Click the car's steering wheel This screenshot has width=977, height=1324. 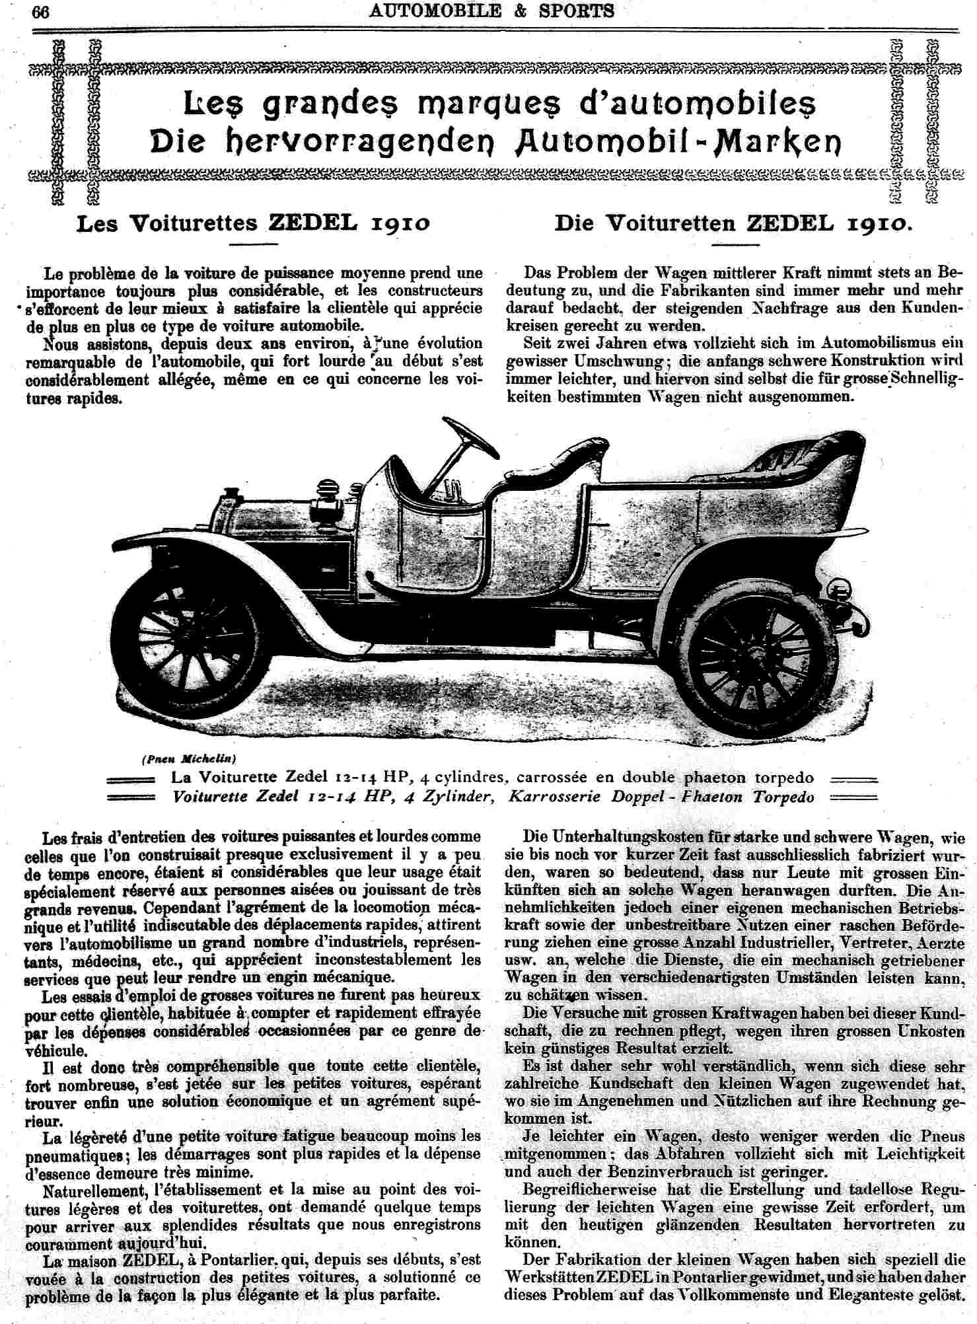[471, 438]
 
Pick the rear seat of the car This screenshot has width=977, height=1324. [792, 462]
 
